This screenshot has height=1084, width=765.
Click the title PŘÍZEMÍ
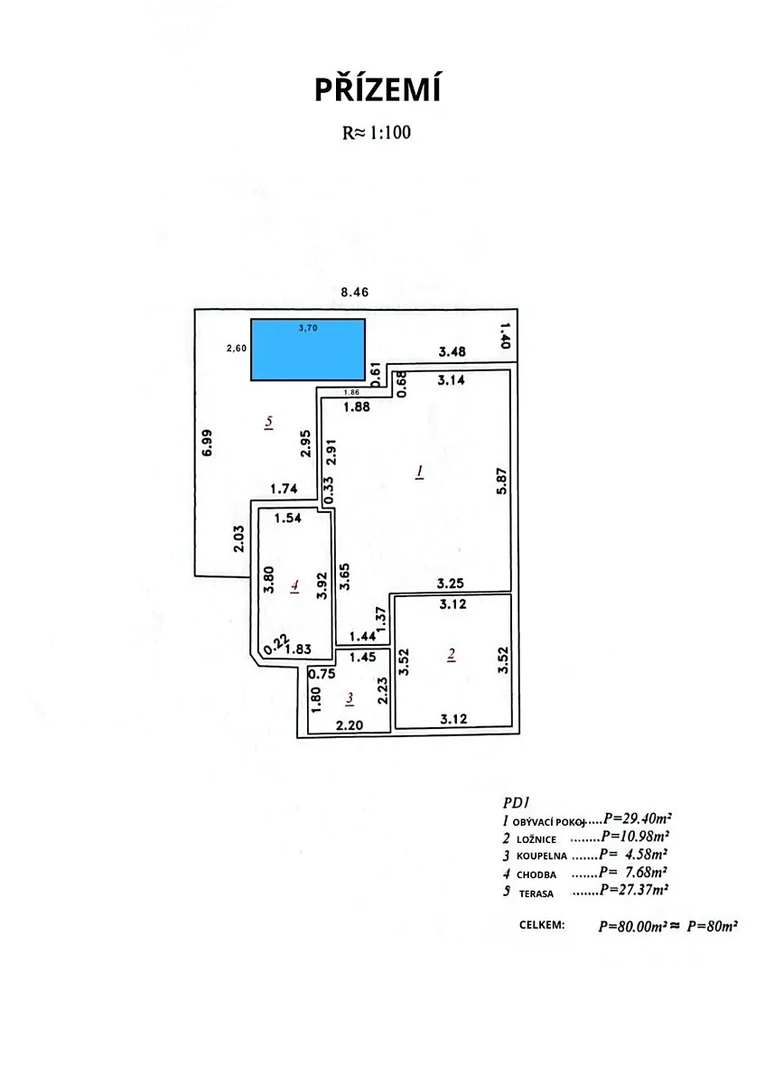pos(378,90)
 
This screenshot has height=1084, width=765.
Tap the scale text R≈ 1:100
pos(377,132)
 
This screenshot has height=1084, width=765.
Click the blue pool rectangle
pos(308,350)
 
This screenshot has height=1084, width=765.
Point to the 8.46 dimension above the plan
pos(355,292)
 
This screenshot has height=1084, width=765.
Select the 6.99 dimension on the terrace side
pos(207,443)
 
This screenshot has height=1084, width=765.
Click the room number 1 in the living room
pos(419,472)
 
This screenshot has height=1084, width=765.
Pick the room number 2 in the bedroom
pos(452,655)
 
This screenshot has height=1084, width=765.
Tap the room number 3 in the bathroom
pos(350,697)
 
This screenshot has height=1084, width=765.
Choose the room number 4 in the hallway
pos(294,586)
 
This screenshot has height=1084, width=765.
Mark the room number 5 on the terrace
pos(268,422)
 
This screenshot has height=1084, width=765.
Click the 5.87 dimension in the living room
pos(502,481)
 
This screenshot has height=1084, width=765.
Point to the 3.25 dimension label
pos(450,584)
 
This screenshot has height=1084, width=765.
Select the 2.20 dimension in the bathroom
pos(350,724)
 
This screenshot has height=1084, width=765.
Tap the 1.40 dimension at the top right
pos(505,335)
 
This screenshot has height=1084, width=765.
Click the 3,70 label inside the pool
pos(308,328)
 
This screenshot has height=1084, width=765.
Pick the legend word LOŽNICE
pos(536,839)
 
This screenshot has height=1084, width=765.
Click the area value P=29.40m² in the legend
pos(638,818)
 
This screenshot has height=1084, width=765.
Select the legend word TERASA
pos(536,893)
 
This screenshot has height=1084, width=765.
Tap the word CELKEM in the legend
pos(542,925)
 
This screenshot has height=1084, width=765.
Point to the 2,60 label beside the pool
pos(237,348)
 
